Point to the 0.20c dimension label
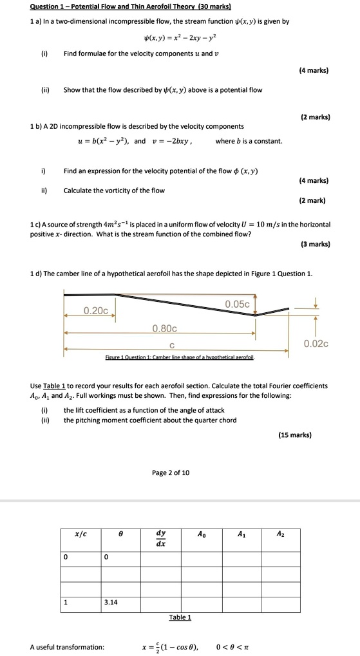click(96, 310)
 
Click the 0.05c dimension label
click(238, 304)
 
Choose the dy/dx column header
click(161, 538)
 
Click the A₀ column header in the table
click(202, 534)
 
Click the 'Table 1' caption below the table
click(180, 617)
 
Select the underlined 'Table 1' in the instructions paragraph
click(56, 386)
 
